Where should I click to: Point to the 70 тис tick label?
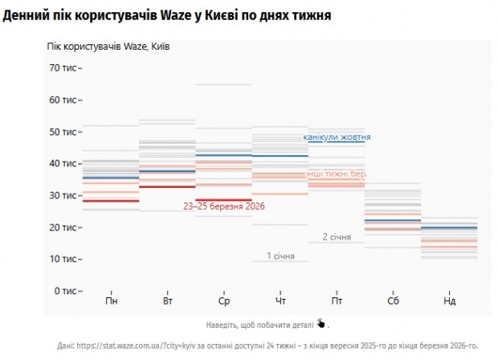(x=63, y=68)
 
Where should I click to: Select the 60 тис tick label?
(x=63, y=100)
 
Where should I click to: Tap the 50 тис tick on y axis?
(x=63, y=132)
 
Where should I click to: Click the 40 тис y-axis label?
(x=63, y=163)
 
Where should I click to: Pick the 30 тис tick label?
(x=63, y=195)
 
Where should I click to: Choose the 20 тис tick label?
(x=63, y=227)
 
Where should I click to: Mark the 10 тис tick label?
(x=63, y=259)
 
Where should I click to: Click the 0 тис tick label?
(x=64, y=291)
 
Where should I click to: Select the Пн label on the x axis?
(x=112, y=301)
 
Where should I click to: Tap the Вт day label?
(x=168, y=301)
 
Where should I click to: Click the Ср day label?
(x=224, y=301)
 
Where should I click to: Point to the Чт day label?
(x=280, y=301)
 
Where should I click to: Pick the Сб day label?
(x=393, y=301)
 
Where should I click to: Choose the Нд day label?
(x=449, y=301)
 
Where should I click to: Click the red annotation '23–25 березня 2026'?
(x=224, y=207)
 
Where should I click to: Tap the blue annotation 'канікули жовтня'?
(x=337, y=137)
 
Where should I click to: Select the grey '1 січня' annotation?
(x=280, y=256)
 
